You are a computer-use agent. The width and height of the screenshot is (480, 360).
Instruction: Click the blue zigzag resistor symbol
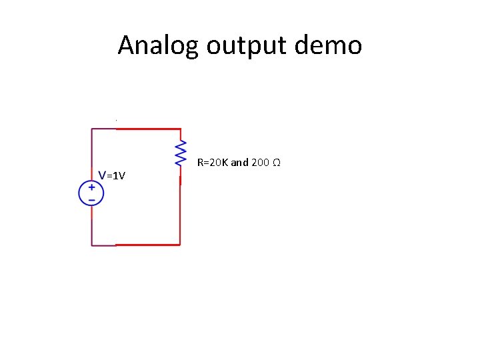[180, 153]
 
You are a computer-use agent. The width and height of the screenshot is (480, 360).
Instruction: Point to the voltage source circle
[91, 193]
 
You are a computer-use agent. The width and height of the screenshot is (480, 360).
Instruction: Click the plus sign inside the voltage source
[91, 188]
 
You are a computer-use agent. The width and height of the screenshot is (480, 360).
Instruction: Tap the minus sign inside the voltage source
[91, 199]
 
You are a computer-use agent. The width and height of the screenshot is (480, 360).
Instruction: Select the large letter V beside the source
[102, 175]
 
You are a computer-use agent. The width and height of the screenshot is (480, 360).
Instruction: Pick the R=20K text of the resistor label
[213, 162]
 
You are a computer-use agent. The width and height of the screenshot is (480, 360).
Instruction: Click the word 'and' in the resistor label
[239, 162]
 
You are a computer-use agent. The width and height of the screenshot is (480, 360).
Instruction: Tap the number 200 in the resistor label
[261, 162]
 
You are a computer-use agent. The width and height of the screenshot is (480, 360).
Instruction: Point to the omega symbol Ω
[276, 162]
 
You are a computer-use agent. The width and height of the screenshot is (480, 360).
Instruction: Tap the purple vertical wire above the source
[92, 153]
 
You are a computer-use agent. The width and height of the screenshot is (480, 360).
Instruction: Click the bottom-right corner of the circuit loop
[180, 245]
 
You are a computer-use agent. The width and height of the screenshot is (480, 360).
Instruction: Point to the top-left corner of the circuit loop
[92, 129]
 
